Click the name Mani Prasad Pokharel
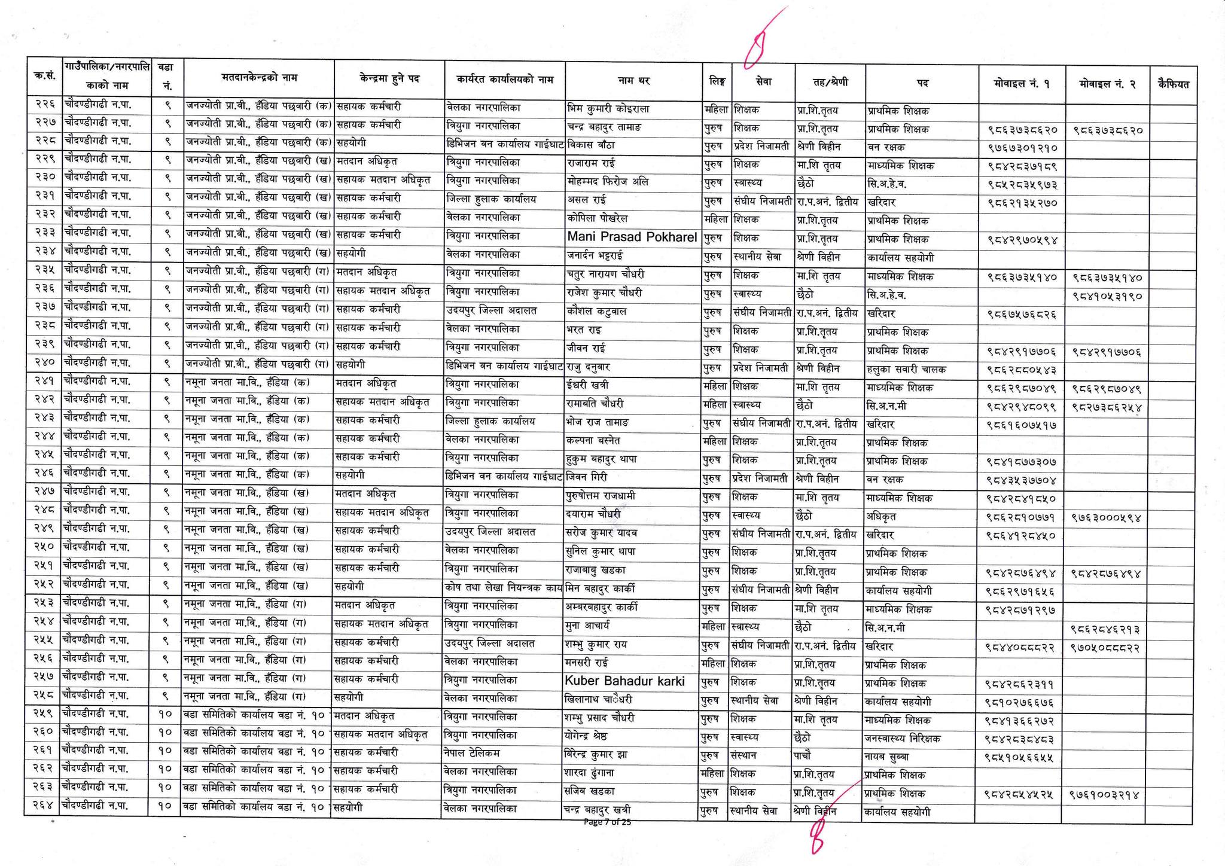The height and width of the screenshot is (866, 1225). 632,237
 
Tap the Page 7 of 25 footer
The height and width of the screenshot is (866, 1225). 607,822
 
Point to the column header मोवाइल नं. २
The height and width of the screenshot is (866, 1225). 1107,84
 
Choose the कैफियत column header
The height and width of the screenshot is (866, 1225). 1173,84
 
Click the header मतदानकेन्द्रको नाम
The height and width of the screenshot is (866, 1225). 258,78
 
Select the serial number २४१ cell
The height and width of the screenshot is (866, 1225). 44,382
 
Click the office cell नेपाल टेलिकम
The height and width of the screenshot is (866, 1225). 473,752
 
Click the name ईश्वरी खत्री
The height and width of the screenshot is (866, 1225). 587,385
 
